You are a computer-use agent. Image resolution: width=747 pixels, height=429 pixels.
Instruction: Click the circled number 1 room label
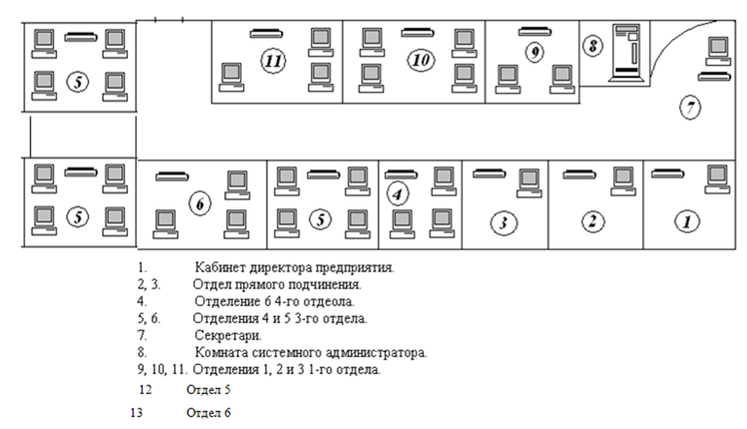coord(688,221)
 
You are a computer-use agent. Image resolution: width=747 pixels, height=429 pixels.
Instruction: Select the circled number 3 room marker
coord(502,223)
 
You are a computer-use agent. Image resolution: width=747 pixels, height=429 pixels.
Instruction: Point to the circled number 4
coord(398,194)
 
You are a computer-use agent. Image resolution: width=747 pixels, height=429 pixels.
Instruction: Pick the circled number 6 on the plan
coord(200,204)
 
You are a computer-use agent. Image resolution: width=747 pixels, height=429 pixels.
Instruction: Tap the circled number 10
coord(422,60)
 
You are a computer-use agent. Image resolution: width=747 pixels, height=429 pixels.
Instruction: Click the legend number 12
coord(146,389)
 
